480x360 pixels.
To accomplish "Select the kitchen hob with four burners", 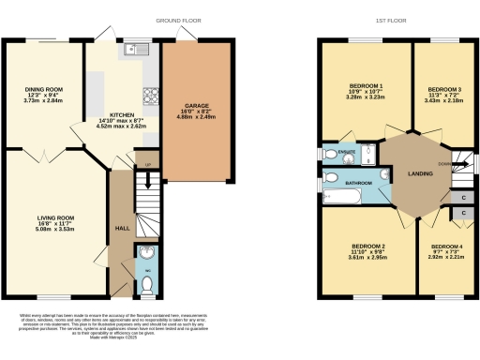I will click(149, 95).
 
